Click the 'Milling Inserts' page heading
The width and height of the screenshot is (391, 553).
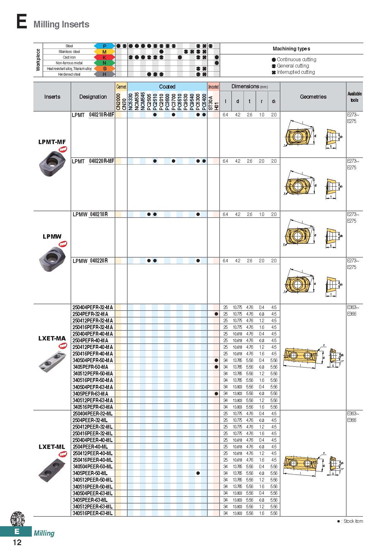[61, 25]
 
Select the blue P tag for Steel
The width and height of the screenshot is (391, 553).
[104, 46]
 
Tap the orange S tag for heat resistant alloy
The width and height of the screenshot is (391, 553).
[104, 69]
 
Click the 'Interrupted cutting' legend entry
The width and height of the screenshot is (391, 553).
[296, 72]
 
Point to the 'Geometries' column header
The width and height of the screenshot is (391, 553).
[313, 97]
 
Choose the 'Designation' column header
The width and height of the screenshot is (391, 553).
[93, 97]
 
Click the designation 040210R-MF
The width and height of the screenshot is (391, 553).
[101, 115]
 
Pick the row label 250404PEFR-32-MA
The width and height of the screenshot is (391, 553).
[93, 307]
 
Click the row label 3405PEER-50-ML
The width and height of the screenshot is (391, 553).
[90, 473]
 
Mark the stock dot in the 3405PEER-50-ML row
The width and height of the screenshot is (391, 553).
[198, 473]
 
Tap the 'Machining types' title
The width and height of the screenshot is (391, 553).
[291, 49]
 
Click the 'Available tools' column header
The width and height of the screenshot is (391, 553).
[354, 97]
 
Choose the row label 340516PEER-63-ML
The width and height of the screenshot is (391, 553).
[93, 513]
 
